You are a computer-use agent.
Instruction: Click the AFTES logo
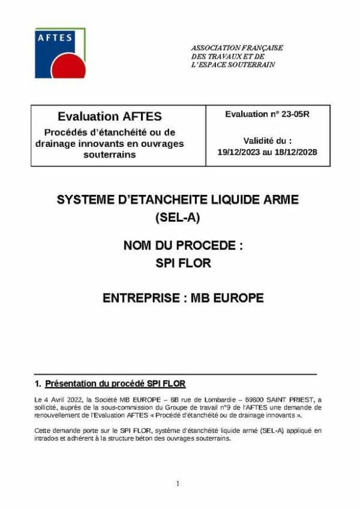[x=60, y=53]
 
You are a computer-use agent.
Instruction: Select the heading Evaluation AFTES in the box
[x=110, y=116]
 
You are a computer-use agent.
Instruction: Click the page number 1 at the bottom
[x=178, y=483]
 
